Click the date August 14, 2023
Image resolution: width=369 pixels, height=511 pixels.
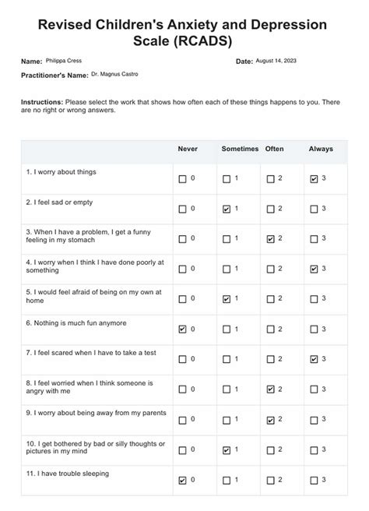275,61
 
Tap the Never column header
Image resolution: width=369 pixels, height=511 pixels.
188,149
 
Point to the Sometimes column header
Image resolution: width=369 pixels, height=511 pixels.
239,149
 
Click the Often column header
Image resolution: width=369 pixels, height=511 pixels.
274,149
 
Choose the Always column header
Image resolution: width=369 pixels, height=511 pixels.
320,149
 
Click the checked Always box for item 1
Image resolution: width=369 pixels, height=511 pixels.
314,179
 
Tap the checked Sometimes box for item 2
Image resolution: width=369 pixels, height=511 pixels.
226,209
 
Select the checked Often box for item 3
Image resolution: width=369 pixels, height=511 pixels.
270,239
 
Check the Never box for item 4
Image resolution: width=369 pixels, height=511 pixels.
182,270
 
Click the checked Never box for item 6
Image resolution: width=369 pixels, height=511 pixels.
182,330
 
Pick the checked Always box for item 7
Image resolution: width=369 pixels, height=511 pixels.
314,359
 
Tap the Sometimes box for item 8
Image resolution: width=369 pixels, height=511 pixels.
226,389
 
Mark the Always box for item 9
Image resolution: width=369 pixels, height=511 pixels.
314,420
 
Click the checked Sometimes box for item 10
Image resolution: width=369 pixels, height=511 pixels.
226,449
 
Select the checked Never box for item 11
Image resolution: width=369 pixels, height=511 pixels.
182,480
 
